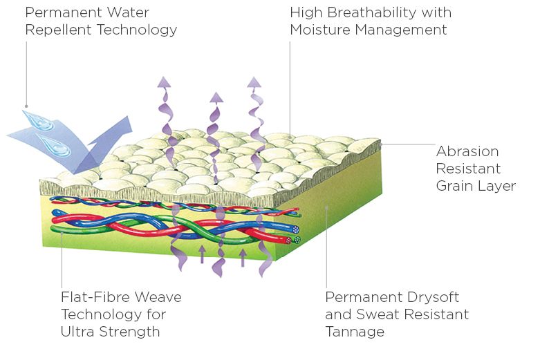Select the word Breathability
tap(374, 12)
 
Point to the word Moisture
tap(320, 30)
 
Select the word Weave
tap(160, 297)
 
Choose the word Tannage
tap(355, 332)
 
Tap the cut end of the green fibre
tap(297, 240)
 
